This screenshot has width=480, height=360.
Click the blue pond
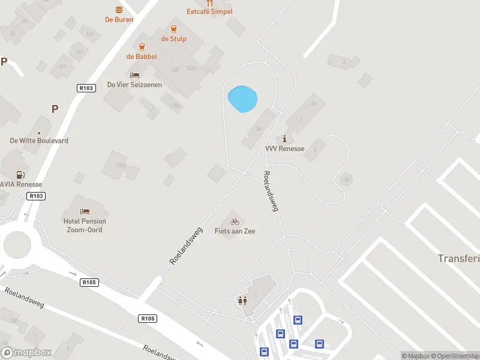coord(242,99)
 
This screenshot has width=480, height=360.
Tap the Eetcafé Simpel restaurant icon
coord(209,3)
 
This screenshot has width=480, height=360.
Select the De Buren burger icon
coord(119,10)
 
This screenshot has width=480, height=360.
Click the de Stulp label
coord(173,39)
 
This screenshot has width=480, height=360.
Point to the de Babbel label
coord(142,56)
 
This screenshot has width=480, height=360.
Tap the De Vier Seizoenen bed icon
coord(134,76)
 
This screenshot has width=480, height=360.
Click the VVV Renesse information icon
coord(284,139)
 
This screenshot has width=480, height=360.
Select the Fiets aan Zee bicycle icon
coord(235,221)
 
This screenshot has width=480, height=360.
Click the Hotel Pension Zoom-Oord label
coord(85,226)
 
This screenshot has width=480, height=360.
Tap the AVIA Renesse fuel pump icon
coord(20,175)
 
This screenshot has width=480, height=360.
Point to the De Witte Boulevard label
coord(39,140)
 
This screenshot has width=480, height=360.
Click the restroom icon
coord(242,301)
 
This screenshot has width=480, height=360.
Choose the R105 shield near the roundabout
coord(89,282)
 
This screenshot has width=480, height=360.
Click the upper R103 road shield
coord(86,88)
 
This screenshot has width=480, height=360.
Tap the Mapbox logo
coord(26,353)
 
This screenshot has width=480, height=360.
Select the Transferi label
coord(458,258)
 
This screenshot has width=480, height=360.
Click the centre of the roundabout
coord(16,245)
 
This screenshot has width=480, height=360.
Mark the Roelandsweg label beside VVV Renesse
coord(271,191)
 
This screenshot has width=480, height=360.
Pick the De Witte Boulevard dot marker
coord(39,133)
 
